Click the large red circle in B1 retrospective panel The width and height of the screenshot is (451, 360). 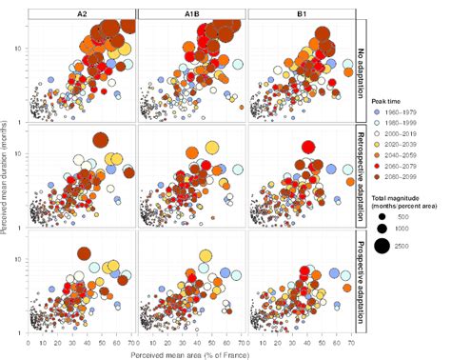307,147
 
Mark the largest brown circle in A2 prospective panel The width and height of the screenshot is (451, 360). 83,253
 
